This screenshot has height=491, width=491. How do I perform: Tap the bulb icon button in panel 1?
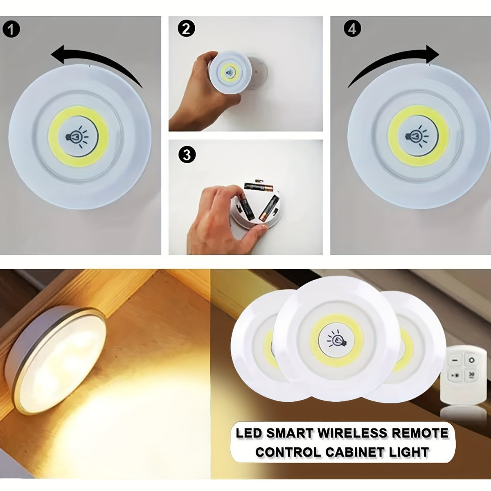click(78, 137)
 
